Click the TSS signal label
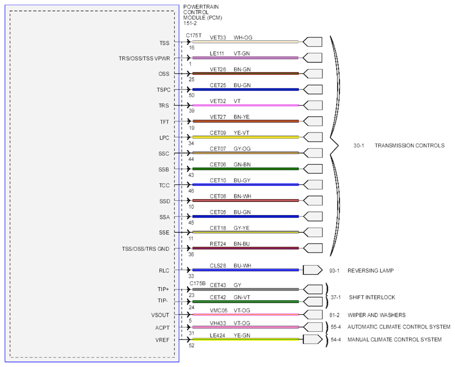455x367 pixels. click(x=164, y=43)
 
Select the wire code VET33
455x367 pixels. click(x=218, y=37)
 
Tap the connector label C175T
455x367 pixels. click(x=193, y=35)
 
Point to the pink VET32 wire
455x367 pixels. click(x=245, y=105)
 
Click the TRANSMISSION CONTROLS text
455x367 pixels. click(x=409, y=145)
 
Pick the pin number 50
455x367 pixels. click(x=191, y=95)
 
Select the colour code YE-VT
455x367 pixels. click(x=241, y=133)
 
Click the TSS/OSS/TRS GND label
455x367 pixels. click(x=145, y=248)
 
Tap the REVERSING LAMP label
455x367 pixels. click(x=370, y=270)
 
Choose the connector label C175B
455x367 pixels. click(x=197, y=283)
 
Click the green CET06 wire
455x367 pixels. click(x=245, y=169)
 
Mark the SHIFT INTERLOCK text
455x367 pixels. click(x=372, y=297)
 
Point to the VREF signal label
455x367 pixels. click(x=162, y=339)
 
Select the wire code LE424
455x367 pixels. click(x=217, y=335)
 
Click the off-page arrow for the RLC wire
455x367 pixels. click(x=312, y=270)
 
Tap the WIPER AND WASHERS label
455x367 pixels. click(x=376, y=315)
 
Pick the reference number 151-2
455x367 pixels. click(x=190, y=23)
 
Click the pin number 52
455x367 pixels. click(x=191, y=345)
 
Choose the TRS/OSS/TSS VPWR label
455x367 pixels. click(x=144, y=58)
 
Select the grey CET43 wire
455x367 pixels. click(x=245, y=289)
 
